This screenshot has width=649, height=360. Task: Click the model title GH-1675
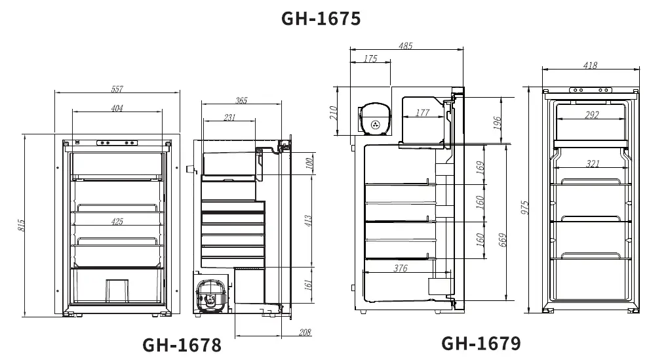pos(321,18)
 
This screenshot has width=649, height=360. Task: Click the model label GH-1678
pos(182,345)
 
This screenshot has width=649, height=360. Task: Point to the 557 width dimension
pos(117,89)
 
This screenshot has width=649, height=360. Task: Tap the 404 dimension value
pos(117,108)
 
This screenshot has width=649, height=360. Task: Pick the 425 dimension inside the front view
pos(117,222)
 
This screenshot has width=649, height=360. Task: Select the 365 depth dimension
pos(241,100)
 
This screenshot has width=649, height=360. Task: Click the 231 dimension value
pos(229,117)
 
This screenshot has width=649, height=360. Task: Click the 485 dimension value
pos(406,46)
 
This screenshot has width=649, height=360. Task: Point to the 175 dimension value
pos(370,59)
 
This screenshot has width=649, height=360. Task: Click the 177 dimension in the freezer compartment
pos(422,113)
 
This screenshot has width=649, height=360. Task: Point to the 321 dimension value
pos(593,163)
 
